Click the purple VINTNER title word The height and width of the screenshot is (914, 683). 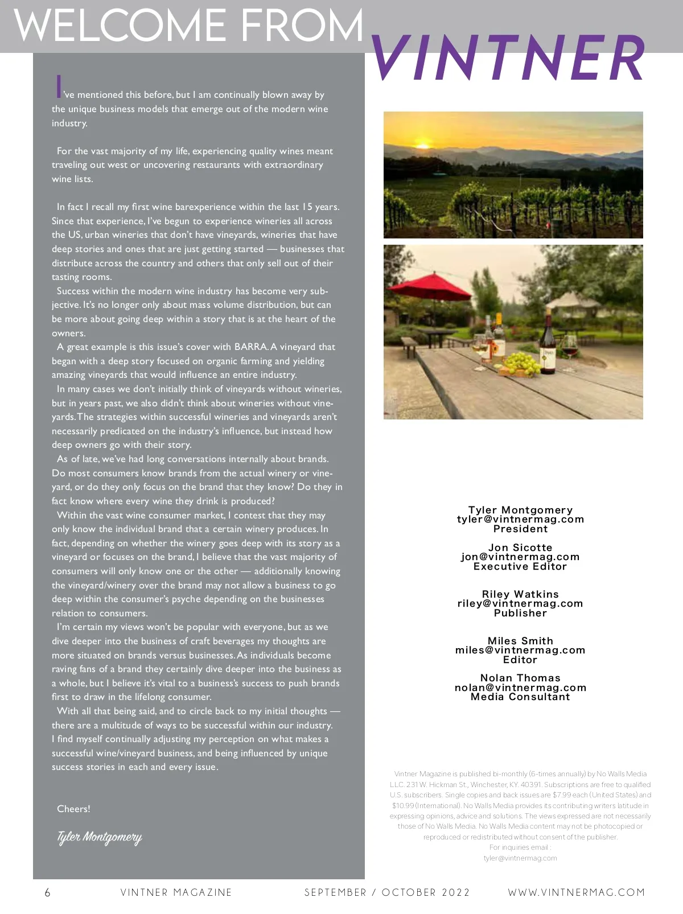(x=508, y=58)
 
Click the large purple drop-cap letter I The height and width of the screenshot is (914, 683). (x=58, y=87)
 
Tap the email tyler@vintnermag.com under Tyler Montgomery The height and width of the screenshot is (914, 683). (x=520, y=519)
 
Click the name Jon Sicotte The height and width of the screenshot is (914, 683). (x=520, y=547)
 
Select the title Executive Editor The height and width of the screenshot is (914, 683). (x=520, y=566)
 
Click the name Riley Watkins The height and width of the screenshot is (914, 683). (x=520, y=594)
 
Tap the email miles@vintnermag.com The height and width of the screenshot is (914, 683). (x=520, y=650)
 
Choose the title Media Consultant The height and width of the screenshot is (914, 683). (x=520, y=697)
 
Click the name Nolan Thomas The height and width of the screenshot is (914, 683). (x=520, y=678)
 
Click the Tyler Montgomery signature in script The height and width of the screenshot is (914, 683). (x=99, y=837)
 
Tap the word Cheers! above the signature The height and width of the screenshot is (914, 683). (x=73, y=809)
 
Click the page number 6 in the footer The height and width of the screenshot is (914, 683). (x=48, y=892)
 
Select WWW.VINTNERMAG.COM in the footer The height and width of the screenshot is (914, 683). (x=577, y=892)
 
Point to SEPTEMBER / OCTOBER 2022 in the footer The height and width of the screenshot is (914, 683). (x=387, y=892)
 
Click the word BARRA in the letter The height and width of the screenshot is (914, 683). (x=250, y=347)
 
